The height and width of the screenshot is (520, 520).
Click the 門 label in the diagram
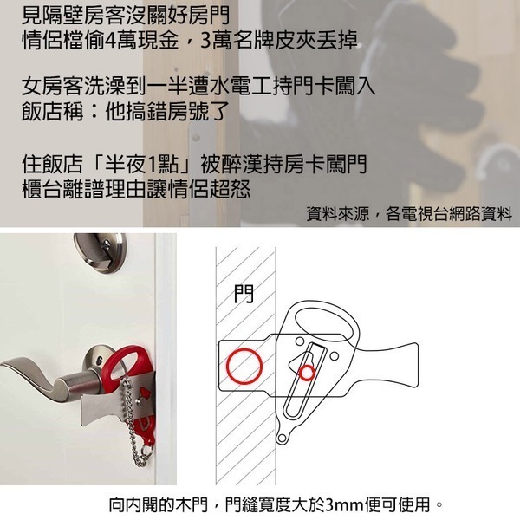coord(244,295)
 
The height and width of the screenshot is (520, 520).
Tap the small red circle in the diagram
coord(306,373)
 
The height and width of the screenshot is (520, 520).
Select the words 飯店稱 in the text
coord(49,113)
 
